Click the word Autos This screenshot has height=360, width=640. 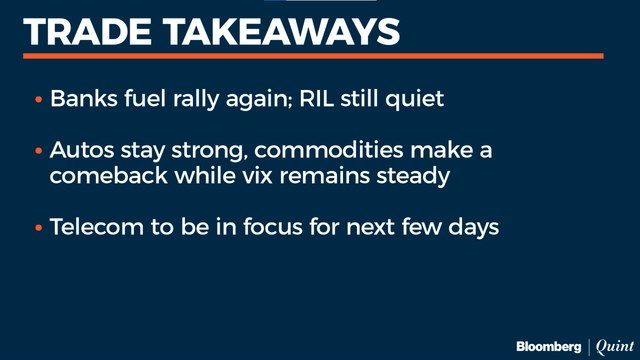(x=81, y=151)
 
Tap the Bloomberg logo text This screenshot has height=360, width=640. (x=548, y=345)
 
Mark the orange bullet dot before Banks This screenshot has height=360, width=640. (x=38, y=102)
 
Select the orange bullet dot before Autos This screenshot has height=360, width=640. (x=38, y=152)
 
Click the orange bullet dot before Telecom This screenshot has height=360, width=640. (x=38, y=228)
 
